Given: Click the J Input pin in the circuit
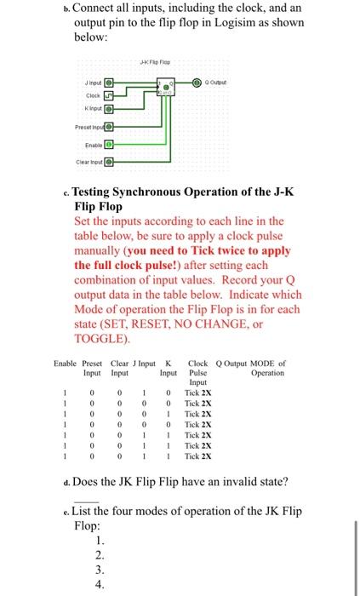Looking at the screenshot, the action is (x=108, y=83).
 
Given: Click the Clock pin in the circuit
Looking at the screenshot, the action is (x=108, y=96).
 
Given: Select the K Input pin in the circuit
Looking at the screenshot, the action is (x=108, y=109).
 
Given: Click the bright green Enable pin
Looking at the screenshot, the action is (x=108, y=146).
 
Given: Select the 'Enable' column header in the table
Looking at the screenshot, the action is (x=65, y=364).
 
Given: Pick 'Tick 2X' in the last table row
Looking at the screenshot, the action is (x=198, y=456).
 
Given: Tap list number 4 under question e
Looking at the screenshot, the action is (x=100, y=585).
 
